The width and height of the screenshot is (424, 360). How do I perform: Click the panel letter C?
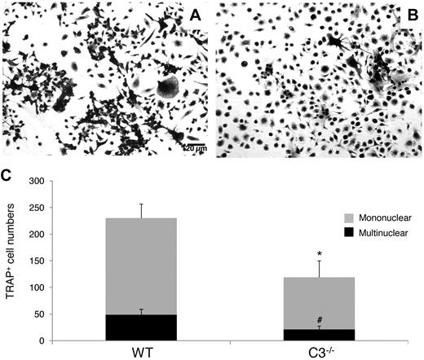[x=7, y=173]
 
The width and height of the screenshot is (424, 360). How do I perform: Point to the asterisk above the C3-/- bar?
[x=320, y=255]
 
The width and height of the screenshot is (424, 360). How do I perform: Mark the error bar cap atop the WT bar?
[x=141, y=204]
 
